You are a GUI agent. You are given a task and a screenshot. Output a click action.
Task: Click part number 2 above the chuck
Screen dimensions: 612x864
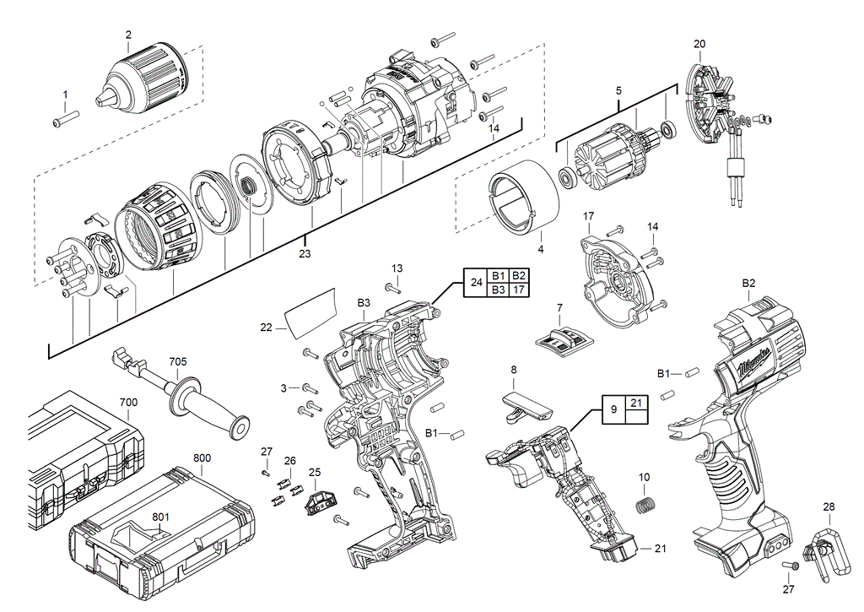pyautogui.click(x=128, y=35)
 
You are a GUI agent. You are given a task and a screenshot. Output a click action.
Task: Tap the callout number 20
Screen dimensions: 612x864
pyautogui.click(x=699, y=43)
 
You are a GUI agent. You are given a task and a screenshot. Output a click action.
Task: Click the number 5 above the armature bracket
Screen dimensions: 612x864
pyautogui.click(x=618, y=89)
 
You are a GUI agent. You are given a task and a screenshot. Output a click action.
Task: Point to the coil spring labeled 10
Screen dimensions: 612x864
pyautogui.click(x=645, y=506)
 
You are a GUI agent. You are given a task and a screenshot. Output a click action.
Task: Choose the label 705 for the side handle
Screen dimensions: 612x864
pyautogui.click(x=177, y=361)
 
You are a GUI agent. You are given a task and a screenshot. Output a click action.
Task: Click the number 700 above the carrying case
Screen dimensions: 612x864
pyautogui.click(x=128, y=403)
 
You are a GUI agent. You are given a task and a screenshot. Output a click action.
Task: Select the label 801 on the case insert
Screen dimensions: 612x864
pyautogui.click(x=160, y=517)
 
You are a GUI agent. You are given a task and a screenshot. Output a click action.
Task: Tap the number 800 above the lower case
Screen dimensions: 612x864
pyautogui.click(x=202, y=458)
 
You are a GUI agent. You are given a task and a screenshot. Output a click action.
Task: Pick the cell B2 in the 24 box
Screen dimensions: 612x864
pyautogui.click(x=519, y=276)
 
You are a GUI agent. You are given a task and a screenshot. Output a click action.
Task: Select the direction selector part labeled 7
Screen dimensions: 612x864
pyautogui.click(x=559, y=339)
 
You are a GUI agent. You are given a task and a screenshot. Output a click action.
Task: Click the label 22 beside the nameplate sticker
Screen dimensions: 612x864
pyautogui.click(x=267, y=328)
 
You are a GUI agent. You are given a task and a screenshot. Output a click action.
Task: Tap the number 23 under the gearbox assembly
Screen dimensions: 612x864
pyautogui.click(x=305, y=252)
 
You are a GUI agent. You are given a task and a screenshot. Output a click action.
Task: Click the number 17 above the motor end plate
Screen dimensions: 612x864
pyautogui.click(x=589, y=215)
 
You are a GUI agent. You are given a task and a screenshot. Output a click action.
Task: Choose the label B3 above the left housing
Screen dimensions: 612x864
pyautogui.click(x=364, y=302)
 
